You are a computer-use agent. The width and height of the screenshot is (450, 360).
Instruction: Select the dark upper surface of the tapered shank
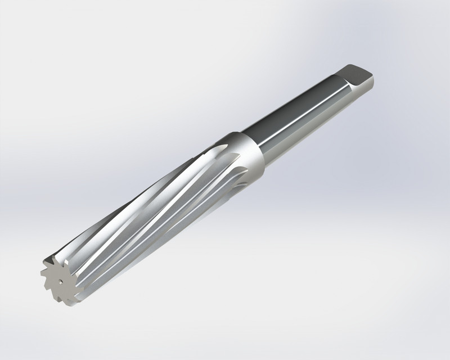tap(292, 107)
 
